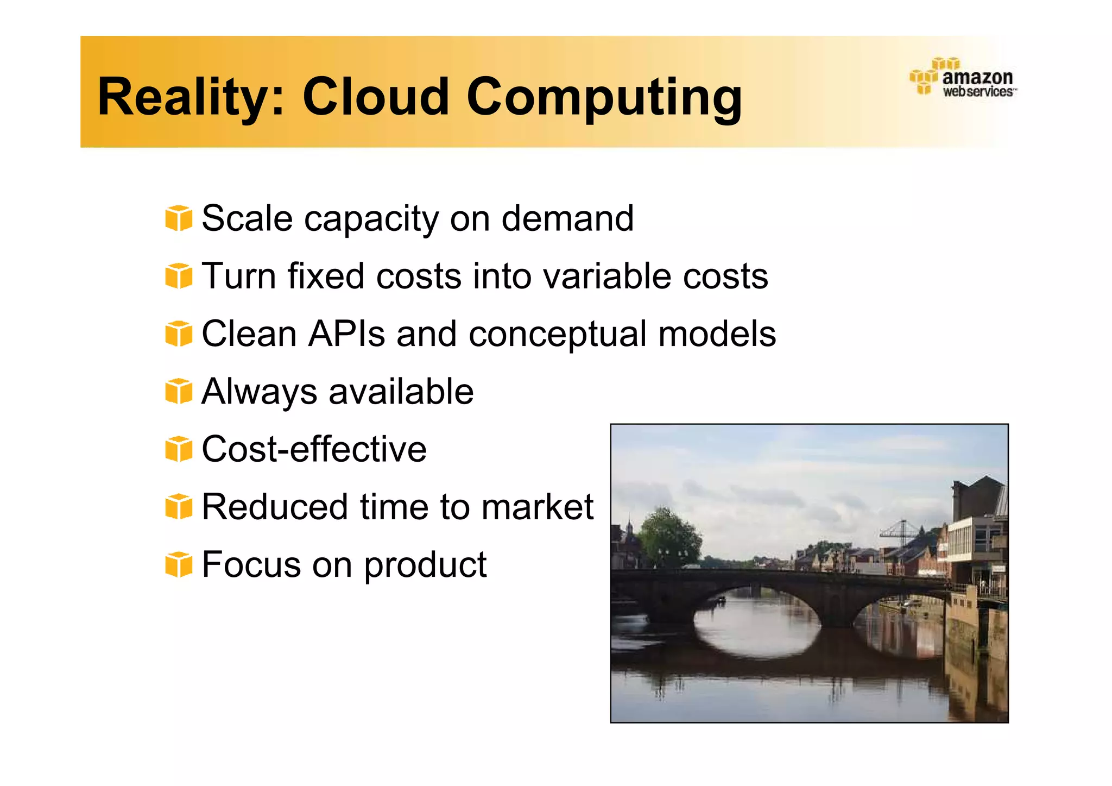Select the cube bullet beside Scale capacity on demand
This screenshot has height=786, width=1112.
[179, 218]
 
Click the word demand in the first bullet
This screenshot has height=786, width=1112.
[567, 218]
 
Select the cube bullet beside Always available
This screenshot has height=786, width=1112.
[179, 391]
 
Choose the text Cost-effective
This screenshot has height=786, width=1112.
[314, 449]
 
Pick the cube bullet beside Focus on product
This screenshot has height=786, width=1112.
[179, 564]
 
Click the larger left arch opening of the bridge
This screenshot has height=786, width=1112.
[757, 619]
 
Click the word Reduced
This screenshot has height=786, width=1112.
[275, 507]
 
